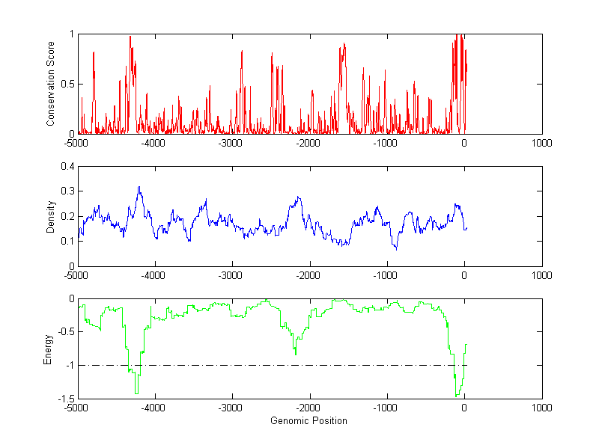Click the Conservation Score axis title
(x=51, y=84)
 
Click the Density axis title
(x=51, y=216)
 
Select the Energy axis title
(x=48, y=349)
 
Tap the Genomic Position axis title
(x=309, y=421)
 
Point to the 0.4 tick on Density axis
(x=67, y=167)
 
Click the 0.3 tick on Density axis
(x=67, y=191)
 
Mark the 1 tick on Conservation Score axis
(x=71, y=34)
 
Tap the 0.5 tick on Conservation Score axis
(x=67, y=84)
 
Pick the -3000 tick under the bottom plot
(x=231, y=408)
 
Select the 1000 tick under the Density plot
(x=541, y=275)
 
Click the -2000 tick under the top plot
(x=308, y=143)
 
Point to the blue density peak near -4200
(x=139, y=187)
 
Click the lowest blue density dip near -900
(x=396, y=248)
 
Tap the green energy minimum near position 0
(x=456, y=396)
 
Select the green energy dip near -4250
(x=136, y=393)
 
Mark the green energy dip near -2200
(x=295, y=354)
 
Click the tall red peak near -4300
(x=130, y=36)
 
